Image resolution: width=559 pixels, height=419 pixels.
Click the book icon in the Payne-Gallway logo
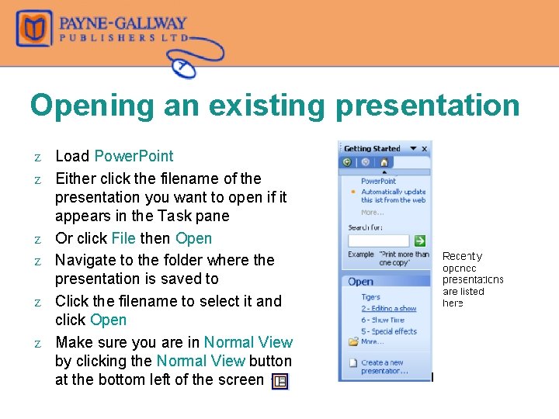(x=34, y=29)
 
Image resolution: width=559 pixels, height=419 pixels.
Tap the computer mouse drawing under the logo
(x=186, y=68)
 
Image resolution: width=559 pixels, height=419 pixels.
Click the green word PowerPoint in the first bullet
(x=134, y=156)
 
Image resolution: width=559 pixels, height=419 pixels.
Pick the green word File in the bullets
(x=124, y=238)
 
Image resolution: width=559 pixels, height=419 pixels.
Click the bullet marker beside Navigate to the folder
(x=36, y=261)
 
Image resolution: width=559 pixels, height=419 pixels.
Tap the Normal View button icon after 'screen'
(x=280, y=381)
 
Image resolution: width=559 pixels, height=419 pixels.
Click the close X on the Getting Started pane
(x=424, y=149)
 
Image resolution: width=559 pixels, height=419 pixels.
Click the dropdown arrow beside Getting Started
(x=413, y=149)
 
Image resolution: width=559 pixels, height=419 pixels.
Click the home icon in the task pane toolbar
(x=384, y=162)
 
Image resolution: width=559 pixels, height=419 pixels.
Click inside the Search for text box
(x=378, y=241)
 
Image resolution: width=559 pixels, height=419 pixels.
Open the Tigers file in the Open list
(x=370, y=297)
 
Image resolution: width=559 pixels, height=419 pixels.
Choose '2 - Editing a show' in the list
(x=388, y=309)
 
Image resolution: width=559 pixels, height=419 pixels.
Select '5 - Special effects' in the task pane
(x=388, y=331)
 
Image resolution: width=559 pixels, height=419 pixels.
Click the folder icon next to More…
(x=353, y=341)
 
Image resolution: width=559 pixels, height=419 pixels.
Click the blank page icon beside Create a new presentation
(x=353, y=363)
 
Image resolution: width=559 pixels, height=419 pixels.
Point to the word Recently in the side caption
(x=462, y=256)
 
